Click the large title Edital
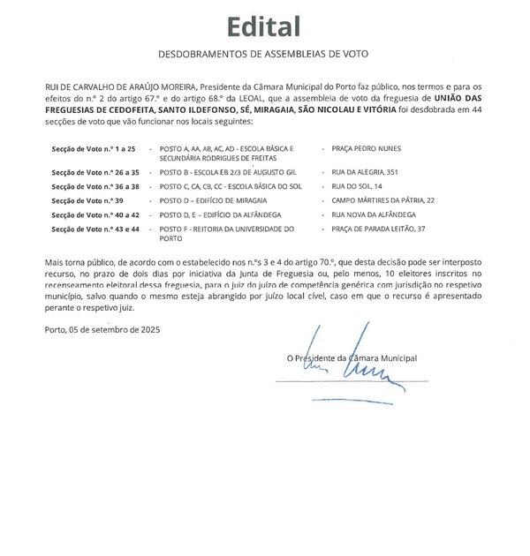263,26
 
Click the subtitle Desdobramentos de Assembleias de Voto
263,55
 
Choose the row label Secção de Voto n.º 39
87,201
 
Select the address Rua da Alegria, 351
370,172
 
